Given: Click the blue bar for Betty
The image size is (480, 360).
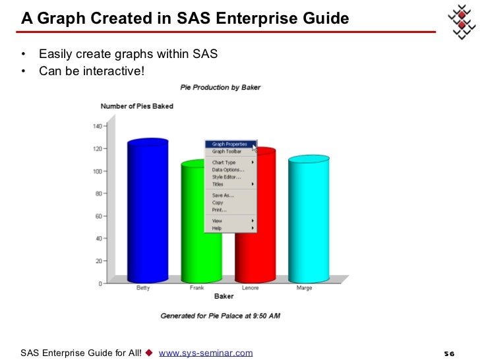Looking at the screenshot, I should point(148,211).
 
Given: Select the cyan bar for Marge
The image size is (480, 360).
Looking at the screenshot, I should point(309,218).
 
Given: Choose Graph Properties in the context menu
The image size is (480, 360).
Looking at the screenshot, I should point(229,144).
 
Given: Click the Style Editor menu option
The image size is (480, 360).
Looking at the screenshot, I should point(226,177).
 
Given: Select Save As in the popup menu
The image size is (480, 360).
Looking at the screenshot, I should point(222,195).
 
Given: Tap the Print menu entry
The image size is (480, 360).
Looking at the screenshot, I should point(219,210).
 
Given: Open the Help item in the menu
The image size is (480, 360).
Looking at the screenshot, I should point(217,228).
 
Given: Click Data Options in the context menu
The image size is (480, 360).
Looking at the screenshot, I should point(227,169).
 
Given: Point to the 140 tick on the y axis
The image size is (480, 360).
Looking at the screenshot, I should point(97,126).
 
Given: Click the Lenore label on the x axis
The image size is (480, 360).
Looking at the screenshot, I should point(250,288).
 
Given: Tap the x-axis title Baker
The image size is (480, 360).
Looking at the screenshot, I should point(224,297).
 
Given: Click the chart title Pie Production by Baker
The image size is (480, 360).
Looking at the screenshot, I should point(220,88).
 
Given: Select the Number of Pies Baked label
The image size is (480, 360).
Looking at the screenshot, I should point(136,106).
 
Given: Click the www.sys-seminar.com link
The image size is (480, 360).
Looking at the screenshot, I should point(206,353).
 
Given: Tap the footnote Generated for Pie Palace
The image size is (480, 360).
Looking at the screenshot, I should point(220,316).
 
